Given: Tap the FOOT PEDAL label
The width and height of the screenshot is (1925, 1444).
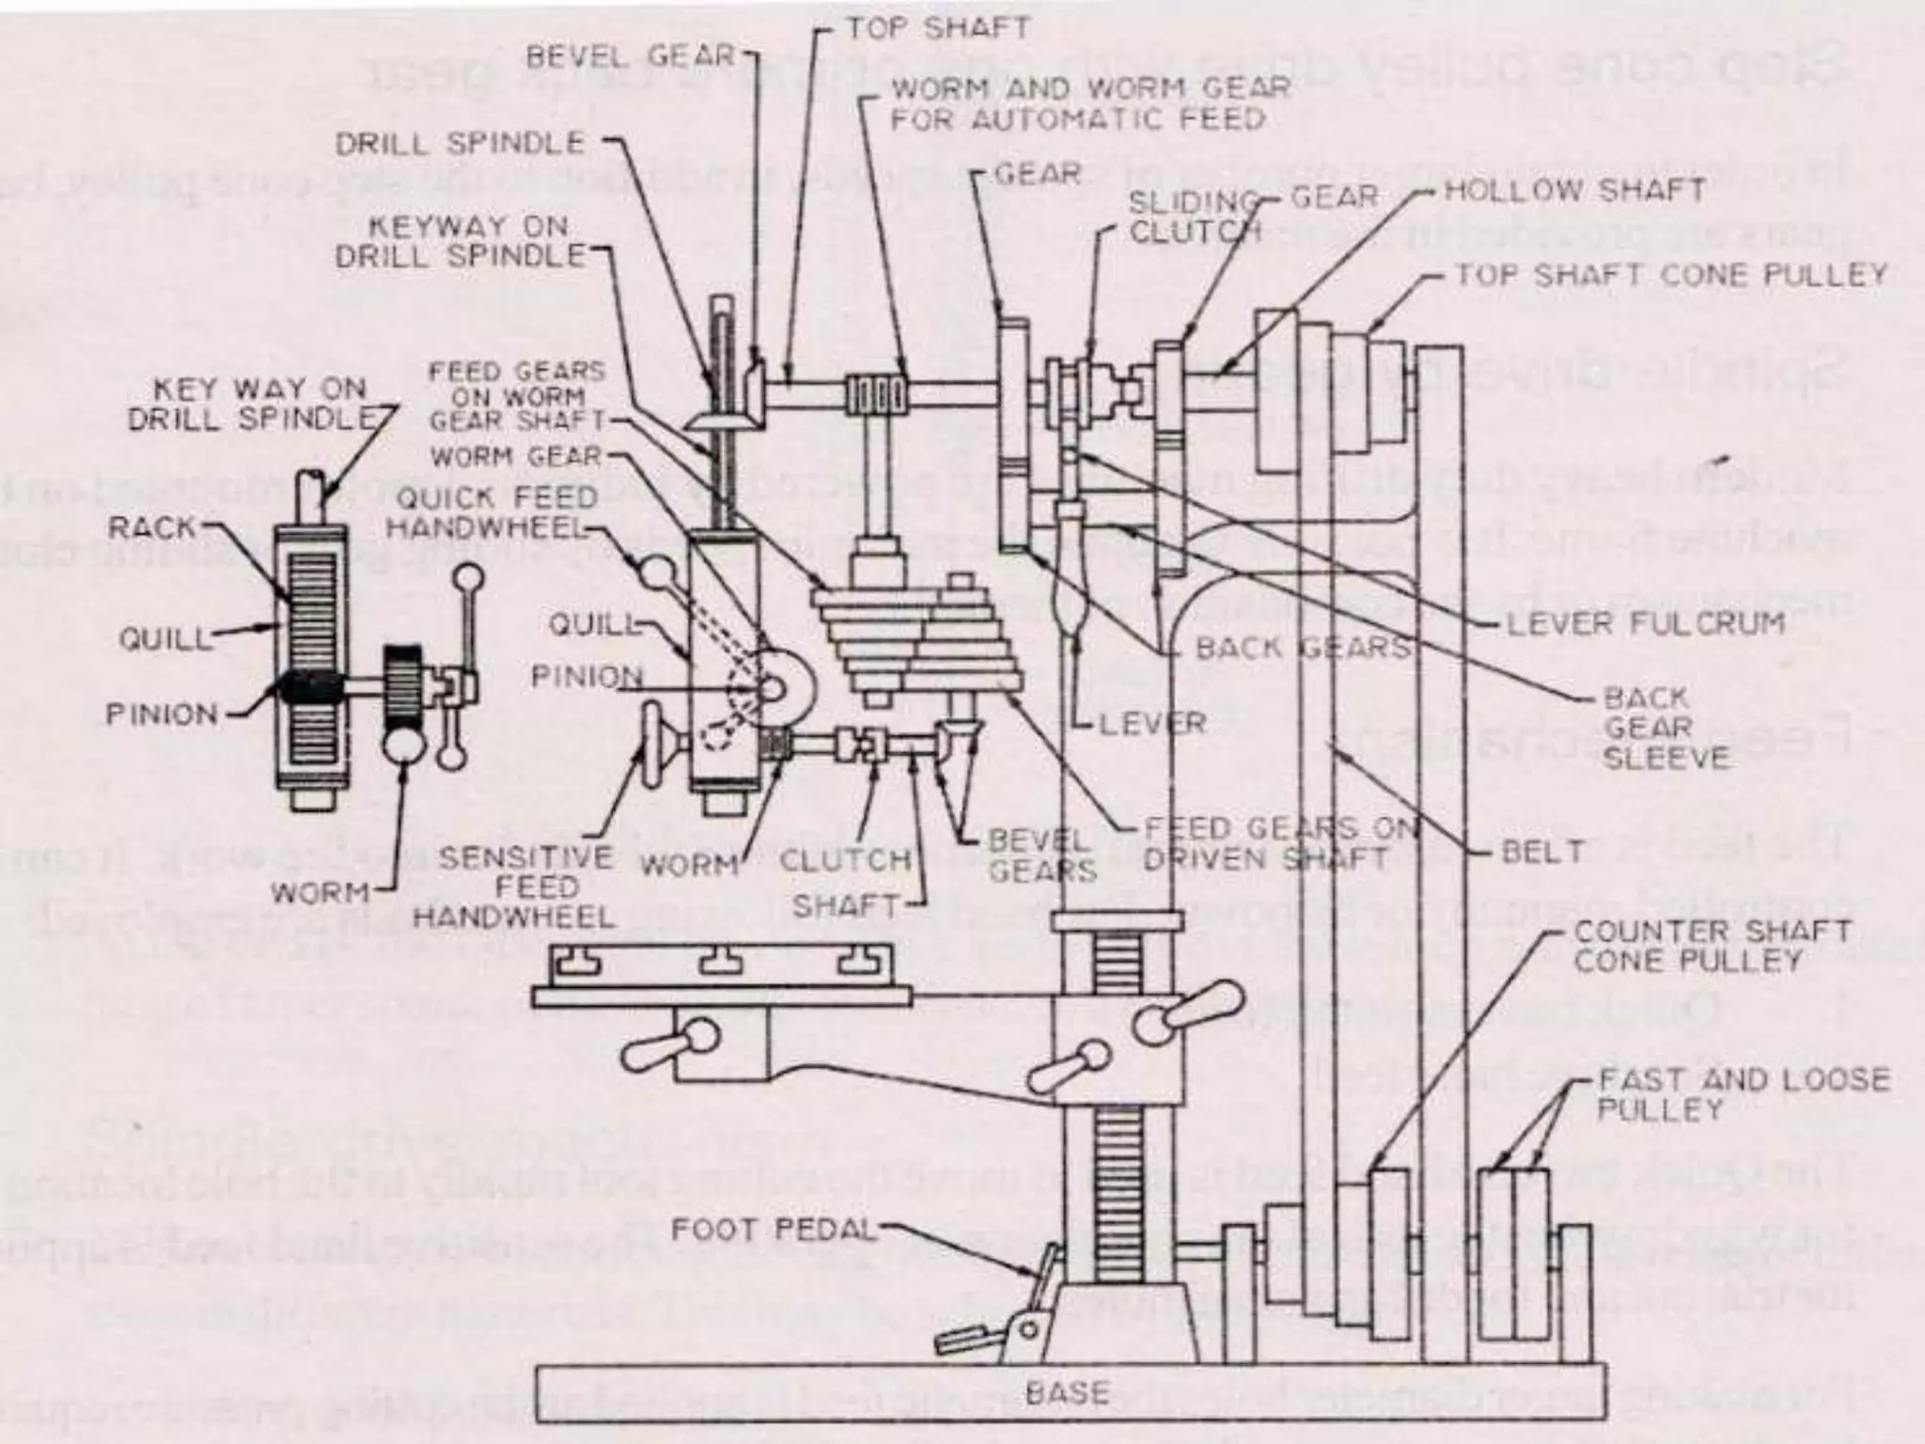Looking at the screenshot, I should point(773,1229).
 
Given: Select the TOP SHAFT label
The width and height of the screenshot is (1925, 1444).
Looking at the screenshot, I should point(938,28).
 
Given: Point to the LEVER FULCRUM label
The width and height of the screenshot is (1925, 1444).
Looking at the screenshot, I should point(1645,623).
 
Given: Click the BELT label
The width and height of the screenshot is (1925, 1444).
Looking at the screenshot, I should point(1542,852).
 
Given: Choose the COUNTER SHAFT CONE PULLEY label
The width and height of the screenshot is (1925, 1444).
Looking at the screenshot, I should point(1711,947).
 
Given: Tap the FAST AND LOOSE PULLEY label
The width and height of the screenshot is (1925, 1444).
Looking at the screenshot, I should point(1744,1093).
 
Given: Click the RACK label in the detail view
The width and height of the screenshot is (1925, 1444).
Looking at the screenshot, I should point(151,528).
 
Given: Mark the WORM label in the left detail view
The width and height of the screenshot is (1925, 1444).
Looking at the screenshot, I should point(320,892).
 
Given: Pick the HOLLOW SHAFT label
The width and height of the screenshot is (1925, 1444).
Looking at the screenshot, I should point(1574,190).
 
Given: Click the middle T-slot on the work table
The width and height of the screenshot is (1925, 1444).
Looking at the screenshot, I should point(720,961).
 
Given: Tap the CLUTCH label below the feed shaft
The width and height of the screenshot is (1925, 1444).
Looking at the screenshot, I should point(845,859).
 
